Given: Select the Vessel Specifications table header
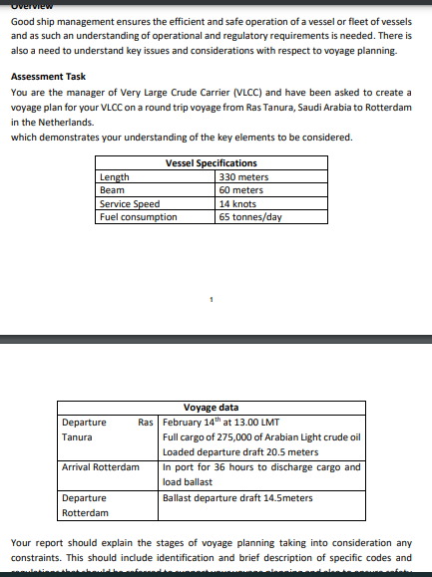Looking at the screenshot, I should (211, 162).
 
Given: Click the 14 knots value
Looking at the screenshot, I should (236, 203).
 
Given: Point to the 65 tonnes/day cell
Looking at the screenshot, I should (250, 216).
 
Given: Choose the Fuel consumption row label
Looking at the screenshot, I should (138, 216).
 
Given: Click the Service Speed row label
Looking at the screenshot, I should (130, 203).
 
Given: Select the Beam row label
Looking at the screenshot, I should (112, 189).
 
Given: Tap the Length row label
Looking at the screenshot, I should (115, 177).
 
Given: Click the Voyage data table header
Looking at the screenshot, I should (211, 407).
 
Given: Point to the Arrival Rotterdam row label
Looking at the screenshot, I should (101, 467).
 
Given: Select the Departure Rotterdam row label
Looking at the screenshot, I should (85, 505).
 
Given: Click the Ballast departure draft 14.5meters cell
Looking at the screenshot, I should (237, 497).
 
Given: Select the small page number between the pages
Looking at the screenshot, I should (212, 299).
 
